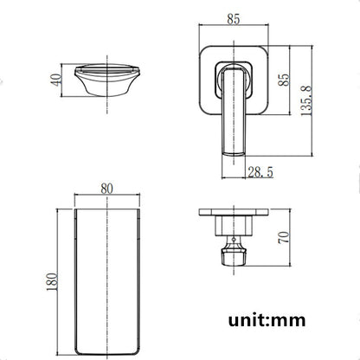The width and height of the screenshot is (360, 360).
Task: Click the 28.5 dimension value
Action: tap(259, 173)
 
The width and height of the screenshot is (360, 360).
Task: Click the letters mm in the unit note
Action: tap(293, 320)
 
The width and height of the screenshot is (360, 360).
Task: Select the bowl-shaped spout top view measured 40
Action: tap(108, 80)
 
